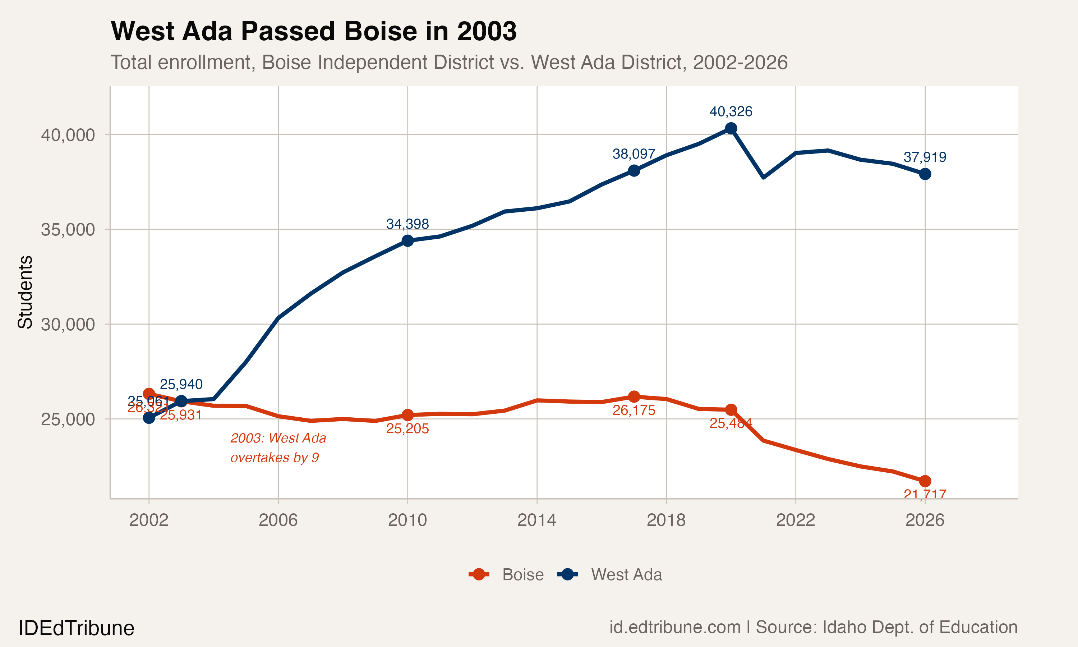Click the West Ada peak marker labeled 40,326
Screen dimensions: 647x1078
coord(731,128)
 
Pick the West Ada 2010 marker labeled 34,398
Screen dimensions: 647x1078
coord(407,241)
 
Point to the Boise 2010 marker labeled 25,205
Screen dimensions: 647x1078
coord(407,415)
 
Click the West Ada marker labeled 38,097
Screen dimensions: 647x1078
coord(634,170)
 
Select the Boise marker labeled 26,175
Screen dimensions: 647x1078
coord(634,397)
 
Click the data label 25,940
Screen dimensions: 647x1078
coord(181,384)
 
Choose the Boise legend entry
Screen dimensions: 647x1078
coord(506,575)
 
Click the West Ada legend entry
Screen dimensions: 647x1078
coord(610,575)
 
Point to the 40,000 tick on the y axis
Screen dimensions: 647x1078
coord(68,135)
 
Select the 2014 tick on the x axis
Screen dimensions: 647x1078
coord(536,520)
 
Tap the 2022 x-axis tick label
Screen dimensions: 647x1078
coord(795,520)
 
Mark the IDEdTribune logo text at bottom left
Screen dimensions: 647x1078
coord(76,628)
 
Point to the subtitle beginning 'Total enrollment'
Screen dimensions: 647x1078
coord(449,62)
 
